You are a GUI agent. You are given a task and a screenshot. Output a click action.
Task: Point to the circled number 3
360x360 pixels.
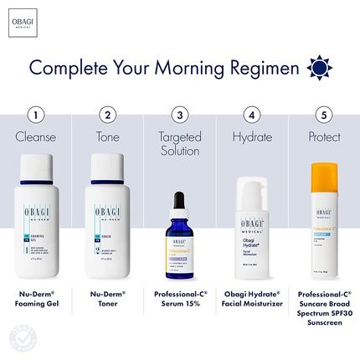coord(178,115)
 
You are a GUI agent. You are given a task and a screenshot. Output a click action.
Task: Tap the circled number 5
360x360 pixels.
coord(322,115)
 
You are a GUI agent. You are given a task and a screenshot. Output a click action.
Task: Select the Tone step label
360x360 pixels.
coord(107,136)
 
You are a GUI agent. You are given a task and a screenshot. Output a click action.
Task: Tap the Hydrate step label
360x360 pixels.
coord(250,136)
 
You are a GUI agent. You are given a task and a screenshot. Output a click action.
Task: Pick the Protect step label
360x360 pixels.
coord(322,136)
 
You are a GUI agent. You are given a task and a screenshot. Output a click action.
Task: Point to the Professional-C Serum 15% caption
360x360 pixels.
coord(178,300)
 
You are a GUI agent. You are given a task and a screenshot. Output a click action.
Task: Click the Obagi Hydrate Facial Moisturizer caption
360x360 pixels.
coord(250,300)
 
